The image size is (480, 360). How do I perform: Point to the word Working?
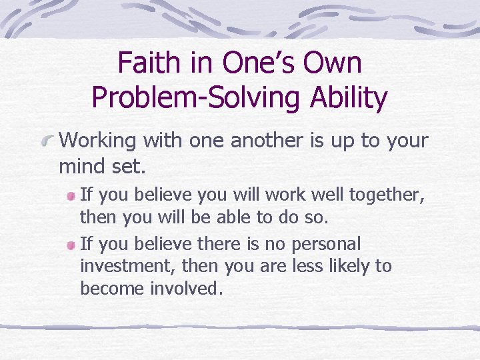pos(96,141)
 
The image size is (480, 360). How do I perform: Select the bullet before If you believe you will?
pos(71,196)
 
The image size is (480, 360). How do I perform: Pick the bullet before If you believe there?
pos(71,245)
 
